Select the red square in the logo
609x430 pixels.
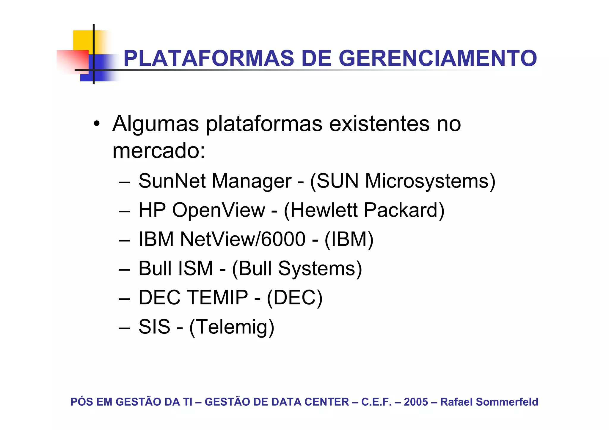73,61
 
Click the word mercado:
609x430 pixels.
159,150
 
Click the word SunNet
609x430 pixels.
172,181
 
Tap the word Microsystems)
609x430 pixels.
430,181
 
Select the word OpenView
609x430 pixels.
219,210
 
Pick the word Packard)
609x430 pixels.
404,210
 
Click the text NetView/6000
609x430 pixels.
243,239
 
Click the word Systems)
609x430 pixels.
320,268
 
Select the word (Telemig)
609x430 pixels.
232,327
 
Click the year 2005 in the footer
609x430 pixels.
416,402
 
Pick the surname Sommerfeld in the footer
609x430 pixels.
507,402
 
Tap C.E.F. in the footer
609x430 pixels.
376,402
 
